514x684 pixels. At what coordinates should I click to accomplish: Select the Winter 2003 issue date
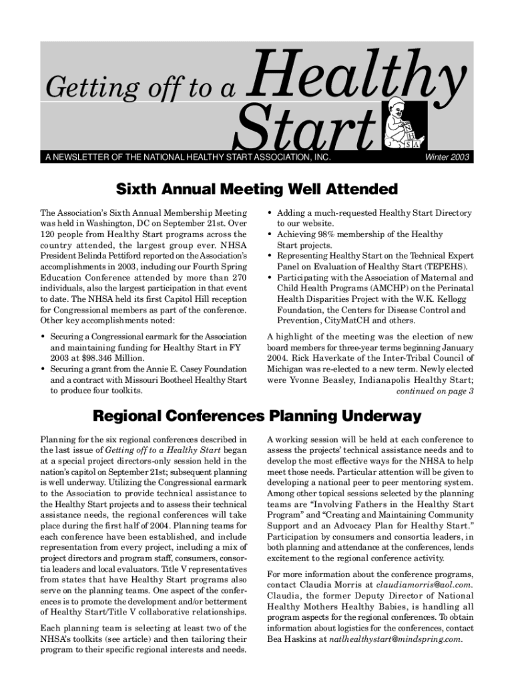(447, 158)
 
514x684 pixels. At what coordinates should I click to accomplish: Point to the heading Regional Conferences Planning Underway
(256, 416)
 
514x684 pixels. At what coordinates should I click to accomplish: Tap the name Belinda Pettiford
(106, 256)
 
